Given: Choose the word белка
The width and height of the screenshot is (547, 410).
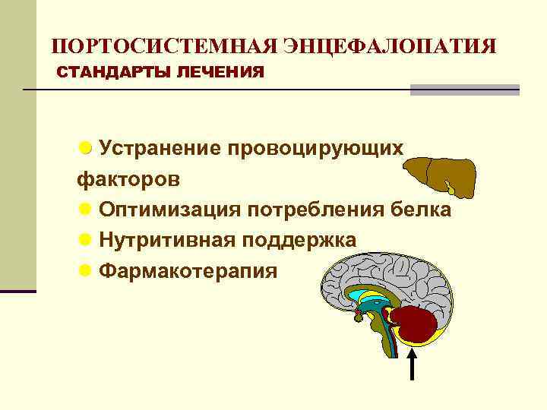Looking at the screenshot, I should click(422, 210).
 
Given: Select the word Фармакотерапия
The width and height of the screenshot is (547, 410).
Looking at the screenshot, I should click(188, 271).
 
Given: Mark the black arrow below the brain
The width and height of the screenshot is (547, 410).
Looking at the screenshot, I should click(413, 364).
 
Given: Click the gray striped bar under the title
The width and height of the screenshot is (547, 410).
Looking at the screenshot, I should click(465, 90).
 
